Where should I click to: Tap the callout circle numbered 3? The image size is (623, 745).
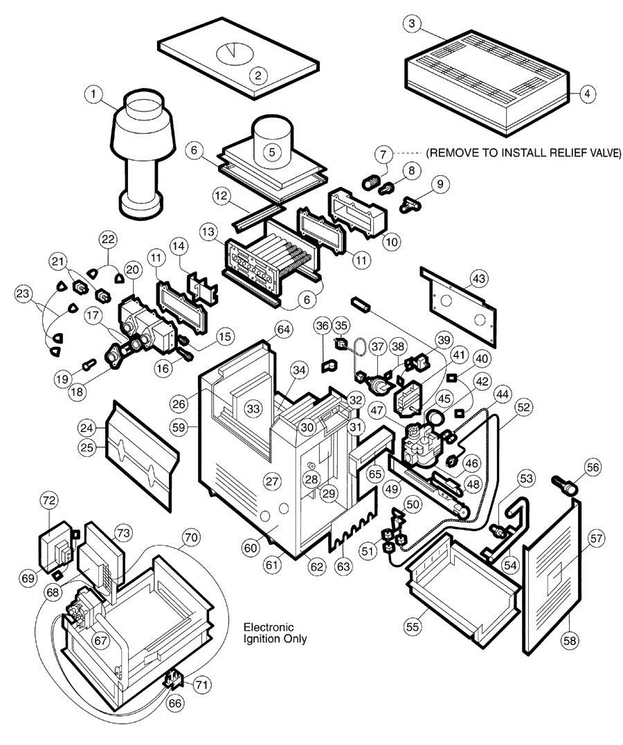point(412,24)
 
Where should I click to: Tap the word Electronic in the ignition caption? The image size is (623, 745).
point(267,627)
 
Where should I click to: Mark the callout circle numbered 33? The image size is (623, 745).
point(254,409)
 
